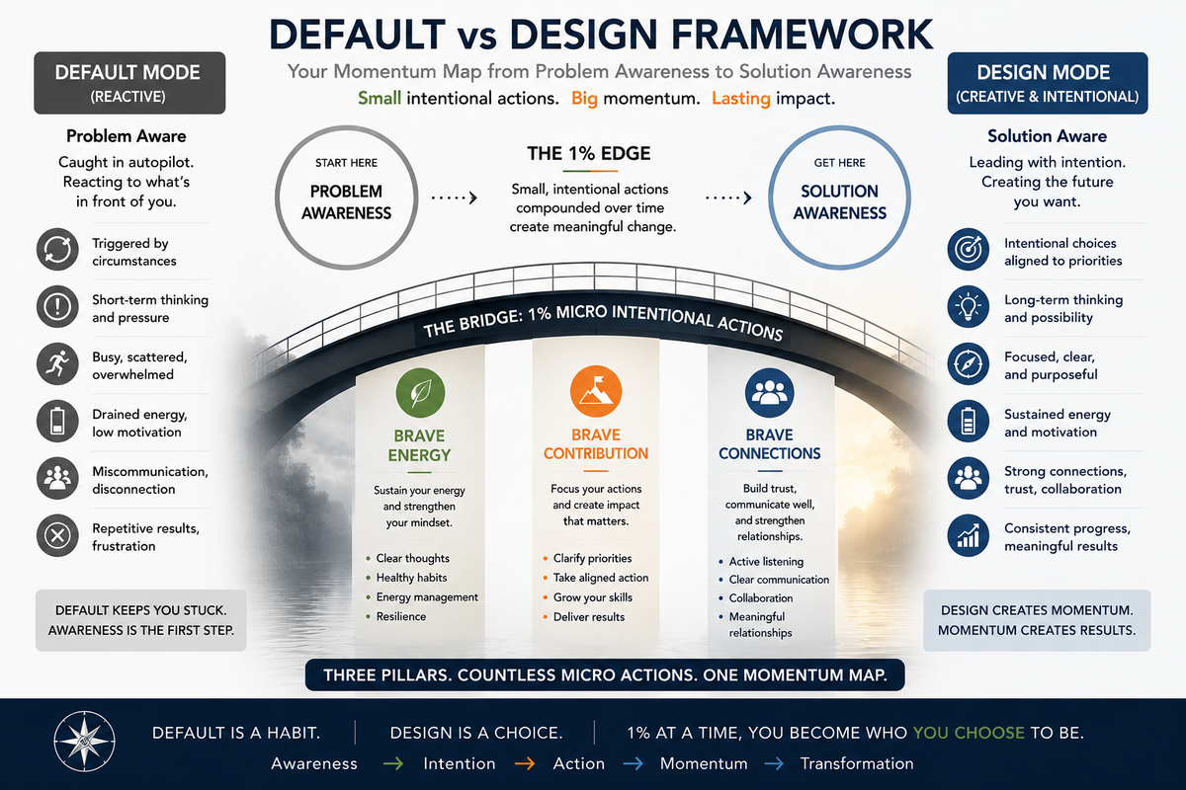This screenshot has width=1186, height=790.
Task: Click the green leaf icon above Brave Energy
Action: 420,393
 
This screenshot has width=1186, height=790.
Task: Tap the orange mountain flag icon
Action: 596,392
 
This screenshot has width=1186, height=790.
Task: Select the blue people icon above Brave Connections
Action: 769,393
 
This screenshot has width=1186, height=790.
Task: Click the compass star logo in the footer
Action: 84,742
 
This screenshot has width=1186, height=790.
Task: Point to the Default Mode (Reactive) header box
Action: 129,83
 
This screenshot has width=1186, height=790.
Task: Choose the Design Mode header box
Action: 1048,83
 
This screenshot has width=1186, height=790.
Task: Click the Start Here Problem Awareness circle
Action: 346,197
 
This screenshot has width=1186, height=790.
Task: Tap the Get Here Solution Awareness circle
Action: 839,197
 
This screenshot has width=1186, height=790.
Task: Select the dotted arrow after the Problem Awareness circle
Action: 455,197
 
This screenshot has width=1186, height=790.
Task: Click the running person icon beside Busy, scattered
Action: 57,364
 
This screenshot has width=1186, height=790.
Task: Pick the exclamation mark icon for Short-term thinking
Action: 57,307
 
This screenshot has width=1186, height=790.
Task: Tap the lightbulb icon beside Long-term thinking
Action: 968,307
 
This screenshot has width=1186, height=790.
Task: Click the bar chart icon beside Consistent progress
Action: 968,535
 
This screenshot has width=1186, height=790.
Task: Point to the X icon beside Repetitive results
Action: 57,535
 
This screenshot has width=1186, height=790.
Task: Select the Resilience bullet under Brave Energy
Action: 396,616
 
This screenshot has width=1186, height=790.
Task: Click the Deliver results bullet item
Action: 583,617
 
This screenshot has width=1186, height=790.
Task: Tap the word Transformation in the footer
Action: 857,763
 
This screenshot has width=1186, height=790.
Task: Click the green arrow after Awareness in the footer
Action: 393,763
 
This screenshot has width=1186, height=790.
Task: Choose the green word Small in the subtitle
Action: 380,99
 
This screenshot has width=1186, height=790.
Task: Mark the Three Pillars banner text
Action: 605,675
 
